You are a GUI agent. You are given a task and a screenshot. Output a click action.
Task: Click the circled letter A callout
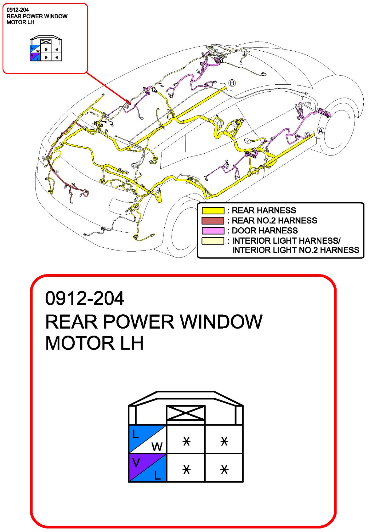[x=321, y=131]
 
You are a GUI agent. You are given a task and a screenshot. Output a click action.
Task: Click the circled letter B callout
[x=232, y=83]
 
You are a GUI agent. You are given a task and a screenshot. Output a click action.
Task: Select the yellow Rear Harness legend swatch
[x=213, y=211]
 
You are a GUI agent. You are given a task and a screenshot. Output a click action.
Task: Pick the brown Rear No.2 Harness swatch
[x=213, y=221]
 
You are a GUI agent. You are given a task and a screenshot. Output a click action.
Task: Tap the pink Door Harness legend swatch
[x=213, y=231]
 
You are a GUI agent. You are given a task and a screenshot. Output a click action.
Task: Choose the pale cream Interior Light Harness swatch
[x=213, y=241]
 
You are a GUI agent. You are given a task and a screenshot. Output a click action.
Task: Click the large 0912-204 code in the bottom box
[x=85, y=298]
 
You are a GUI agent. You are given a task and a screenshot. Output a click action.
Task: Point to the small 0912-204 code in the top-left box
[x=18, y=10]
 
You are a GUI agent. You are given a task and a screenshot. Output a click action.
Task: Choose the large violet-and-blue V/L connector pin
[x=148, y=468]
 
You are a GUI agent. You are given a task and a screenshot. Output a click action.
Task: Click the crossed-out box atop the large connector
[x=186, y=413]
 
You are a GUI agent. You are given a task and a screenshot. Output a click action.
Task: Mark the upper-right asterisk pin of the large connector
[x=224, y=441]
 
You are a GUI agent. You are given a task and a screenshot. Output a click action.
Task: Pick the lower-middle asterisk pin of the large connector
[x=186, y=469]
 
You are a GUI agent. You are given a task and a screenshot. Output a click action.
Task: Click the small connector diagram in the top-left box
[x=46, y=49]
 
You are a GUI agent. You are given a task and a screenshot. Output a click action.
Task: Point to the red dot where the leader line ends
[x=130, y=104]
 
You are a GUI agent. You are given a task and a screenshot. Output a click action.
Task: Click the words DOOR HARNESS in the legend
[x=265, y=231]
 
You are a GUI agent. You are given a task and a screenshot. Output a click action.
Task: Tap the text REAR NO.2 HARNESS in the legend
[x=274, y=221]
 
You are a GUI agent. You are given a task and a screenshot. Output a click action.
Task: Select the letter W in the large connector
[x=157, y=447]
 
